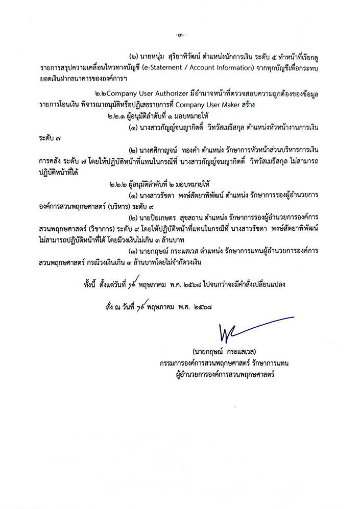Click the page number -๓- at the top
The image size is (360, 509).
pyautogui.click(x=179, y=35)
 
